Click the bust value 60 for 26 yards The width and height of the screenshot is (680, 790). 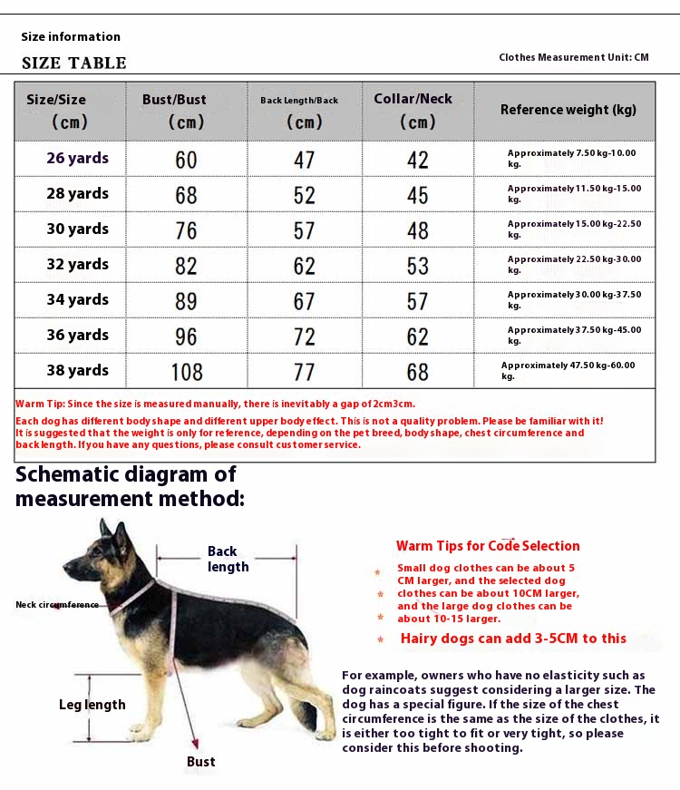186,160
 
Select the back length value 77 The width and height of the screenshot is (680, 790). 305,372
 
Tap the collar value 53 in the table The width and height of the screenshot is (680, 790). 418,266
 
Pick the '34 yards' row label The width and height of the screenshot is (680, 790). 77,299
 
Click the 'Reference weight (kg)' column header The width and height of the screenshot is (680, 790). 568,110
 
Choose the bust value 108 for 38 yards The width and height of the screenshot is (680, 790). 187,372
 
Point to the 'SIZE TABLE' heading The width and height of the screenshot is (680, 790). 74,63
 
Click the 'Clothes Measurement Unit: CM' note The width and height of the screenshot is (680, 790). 574,57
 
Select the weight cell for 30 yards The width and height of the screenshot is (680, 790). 574,229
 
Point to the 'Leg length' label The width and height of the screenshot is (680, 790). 92,705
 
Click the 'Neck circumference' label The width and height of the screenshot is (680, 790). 57,604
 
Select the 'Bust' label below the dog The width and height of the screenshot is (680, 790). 200,762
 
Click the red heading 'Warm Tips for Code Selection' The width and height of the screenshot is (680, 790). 488,546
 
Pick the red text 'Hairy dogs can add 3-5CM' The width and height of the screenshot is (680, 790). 513,639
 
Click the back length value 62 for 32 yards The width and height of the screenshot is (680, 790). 305,266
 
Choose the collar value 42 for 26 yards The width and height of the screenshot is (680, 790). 418,160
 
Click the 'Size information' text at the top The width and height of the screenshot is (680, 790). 71,37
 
